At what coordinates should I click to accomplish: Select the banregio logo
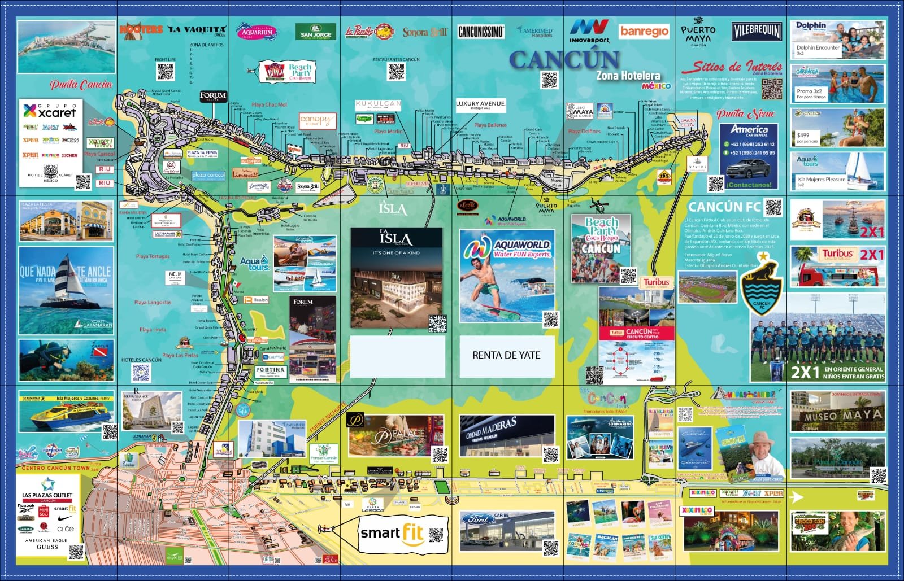click(644, 32)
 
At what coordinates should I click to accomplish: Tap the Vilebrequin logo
click(757, 32)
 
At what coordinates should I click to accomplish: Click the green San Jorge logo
click(316, 32)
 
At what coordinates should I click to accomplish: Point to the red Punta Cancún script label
click(81, 85)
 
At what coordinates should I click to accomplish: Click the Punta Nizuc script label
click(746, 113)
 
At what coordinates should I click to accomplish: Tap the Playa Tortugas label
click(153, 256)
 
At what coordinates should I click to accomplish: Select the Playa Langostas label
click(153, 303)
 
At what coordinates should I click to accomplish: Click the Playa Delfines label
click(584, 132)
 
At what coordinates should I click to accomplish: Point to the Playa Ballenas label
click(490, 125)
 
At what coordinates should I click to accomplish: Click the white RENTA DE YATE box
click(506, 356)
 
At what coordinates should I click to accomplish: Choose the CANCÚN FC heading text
click(724, 207)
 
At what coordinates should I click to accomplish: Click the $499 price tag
click(803, 136)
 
